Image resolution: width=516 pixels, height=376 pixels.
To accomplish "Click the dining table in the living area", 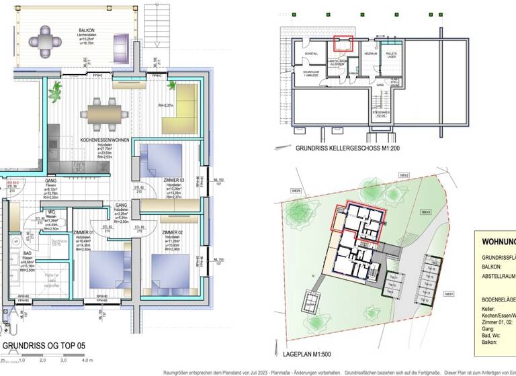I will click(105, 111).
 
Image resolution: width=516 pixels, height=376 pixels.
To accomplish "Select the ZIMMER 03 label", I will click(173, 181).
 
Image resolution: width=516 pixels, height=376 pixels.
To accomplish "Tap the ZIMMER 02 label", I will click(173, 232).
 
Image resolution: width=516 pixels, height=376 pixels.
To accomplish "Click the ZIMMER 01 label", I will click(84, 232).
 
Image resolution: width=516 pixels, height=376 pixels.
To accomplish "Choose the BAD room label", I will click(27, 253).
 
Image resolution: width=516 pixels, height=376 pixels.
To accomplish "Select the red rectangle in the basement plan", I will click(343, 44).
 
